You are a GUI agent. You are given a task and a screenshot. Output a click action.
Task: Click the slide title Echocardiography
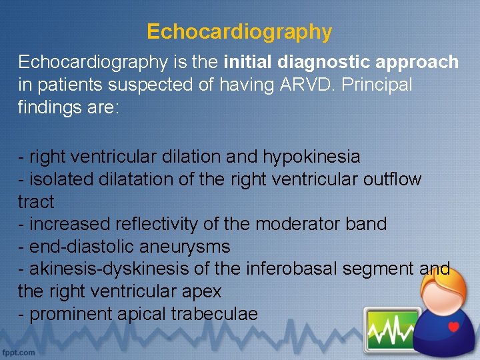[239, 32]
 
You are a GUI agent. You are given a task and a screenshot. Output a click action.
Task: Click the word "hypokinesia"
[311, 157]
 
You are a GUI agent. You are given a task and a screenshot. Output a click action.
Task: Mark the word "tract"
[36, 202]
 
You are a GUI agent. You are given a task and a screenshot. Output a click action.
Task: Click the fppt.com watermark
[19, 351]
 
